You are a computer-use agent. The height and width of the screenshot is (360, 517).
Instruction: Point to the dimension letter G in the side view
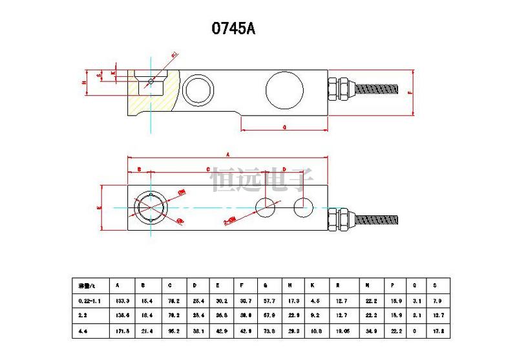point(285,127)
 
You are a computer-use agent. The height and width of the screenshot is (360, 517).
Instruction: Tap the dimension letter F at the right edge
point(410,93)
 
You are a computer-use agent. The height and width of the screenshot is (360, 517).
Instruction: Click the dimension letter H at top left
point(85,83)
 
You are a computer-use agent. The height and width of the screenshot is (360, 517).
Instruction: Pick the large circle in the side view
point(284,89)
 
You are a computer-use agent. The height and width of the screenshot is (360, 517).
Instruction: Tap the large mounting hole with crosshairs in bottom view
point(150,207)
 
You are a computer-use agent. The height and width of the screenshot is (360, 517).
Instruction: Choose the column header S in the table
point(434,286)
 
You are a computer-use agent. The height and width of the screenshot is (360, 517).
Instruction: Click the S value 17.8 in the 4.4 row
point(435,332)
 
